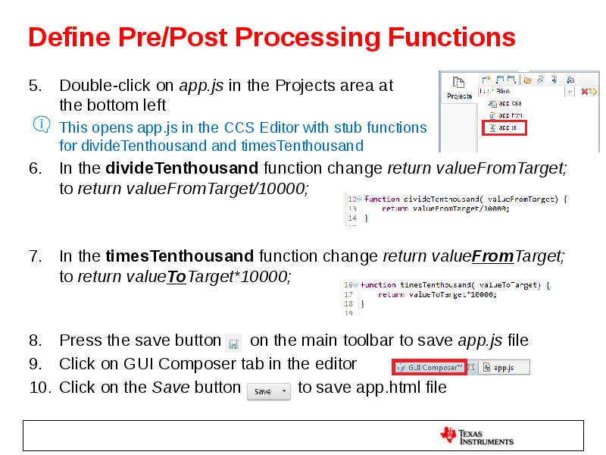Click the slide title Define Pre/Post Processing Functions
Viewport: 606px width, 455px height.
coord(271,37)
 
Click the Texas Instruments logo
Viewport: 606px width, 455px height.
coord(477,435)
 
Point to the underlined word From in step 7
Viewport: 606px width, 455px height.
coord(492,256)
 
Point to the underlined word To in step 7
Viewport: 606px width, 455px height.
coord(176,277)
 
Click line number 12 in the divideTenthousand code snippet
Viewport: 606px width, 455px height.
coord(351,199)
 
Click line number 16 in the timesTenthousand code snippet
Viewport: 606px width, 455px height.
coord(348,285)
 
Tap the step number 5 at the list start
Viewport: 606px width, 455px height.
coord(35,85)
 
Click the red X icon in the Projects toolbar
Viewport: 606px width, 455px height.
coord(584,92)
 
